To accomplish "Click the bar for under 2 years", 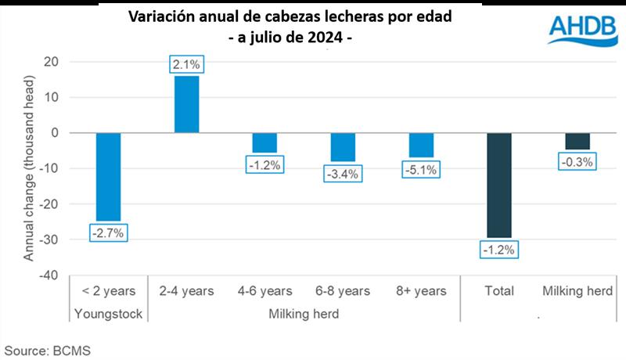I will click(108, 177).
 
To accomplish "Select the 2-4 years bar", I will click(186, 104).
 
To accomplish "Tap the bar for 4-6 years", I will click(264, 142).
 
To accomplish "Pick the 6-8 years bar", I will click(343, 147).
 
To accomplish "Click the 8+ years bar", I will click(421, 145).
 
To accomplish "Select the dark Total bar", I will click(499, 185).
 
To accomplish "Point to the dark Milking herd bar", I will click(577, 141).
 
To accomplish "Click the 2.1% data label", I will click(186, 64).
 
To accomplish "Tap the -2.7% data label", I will click(108, 232).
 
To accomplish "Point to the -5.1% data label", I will click(421, 169).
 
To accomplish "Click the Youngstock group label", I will click(108, 314).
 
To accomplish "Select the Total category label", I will click(499, 291).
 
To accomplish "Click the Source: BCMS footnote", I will click(49, 350).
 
